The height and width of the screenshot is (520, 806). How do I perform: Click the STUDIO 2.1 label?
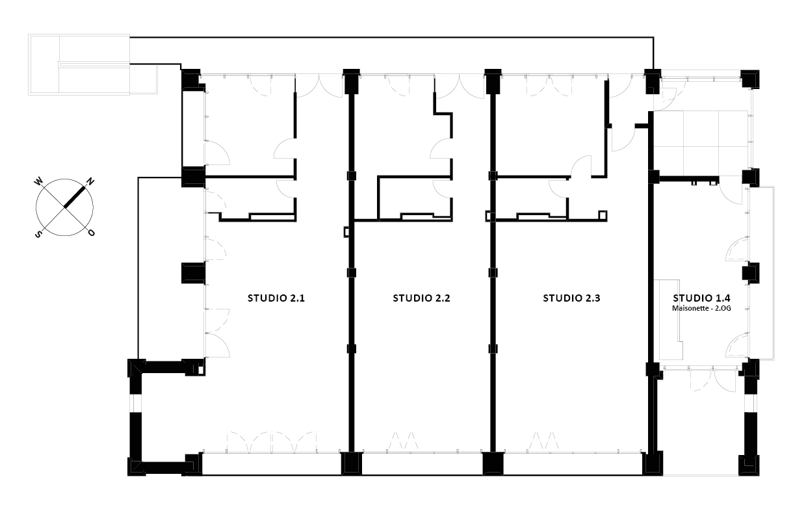276,298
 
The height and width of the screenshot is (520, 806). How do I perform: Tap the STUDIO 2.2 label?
421,298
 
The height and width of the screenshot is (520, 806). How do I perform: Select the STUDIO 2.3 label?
571,298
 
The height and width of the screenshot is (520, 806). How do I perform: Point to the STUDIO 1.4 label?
701,298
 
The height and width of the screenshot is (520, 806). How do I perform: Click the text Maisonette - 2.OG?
701,308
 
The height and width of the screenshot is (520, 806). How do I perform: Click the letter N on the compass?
90,181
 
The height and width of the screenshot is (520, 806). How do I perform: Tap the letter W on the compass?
38,181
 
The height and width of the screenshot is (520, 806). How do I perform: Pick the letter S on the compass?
38,234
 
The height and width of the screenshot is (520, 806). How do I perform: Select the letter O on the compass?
92,233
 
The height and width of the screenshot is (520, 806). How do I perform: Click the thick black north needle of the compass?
75,197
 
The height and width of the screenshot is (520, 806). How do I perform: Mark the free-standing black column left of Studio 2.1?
193,273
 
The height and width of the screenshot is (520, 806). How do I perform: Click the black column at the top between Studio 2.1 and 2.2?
351,81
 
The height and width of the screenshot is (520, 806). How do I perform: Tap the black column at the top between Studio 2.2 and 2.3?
493,81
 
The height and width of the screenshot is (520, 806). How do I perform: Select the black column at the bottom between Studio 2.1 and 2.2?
351,464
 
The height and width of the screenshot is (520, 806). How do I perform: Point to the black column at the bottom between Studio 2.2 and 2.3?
493,464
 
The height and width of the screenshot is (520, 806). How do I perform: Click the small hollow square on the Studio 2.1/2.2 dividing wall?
346,232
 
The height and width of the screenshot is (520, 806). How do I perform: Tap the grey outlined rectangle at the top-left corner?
79,65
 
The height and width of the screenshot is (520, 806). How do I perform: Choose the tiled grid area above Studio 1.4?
703,140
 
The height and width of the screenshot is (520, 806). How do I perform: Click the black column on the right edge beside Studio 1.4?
751,273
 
